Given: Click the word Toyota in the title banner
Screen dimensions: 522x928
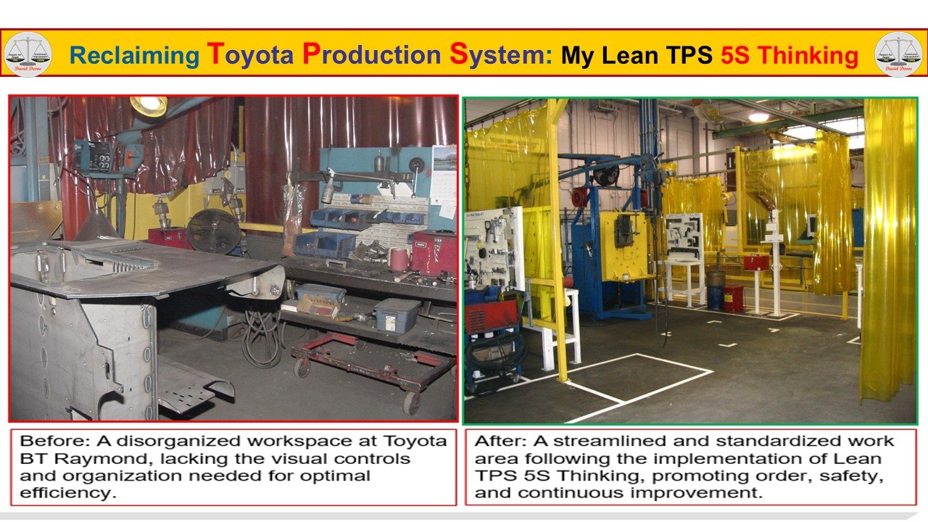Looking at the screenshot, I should [250, 54].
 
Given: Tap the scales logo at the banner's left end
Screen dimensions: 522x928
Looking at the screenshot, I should [28, 54].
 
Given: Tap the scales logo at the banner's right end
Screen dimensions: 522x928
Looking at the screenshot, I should [898, 54].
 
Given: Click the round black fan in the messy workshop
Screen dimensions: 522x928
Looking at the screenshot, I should [213, 231].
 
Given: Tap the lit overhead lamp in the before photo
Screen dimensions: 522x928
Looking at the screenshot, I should [149, 105].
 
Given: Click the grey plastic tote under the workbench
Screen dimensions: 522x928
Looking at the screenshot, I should [397, 315].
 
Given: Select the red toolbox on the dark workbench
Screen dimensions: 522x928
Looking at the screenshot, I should [433, 251].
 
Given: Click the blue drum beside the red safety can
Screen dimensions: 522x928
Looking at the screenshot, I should [716, 295].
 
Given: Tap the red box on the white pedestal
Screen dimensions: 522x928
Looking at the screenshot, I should [755, 262].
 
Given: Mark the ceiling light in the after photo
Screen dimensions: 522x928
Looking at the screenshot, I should [758, 117].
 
